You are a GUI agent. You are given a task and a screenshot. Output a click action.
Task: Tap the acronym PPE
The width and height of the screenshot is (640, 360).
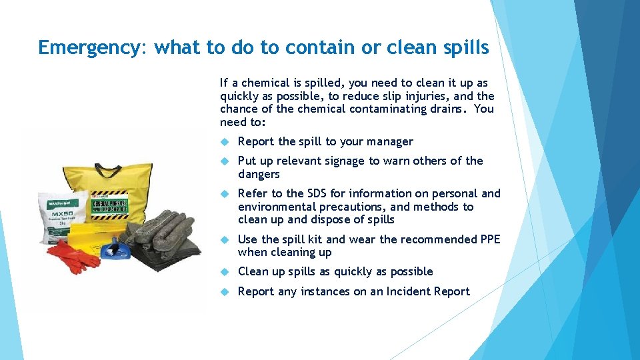[490, 239]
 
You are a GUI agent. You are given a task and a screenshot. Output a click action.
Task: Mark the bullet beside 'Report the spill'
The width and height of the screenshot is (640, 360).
[225, 141]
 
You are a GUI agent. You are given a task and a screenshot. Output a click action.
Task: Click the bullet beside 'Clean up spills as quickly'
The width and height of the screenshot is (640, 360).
[225, 272]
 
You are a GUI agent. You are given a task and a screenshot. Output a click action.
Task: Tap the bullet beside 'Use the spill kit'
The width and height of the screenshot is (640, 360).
[225, 239]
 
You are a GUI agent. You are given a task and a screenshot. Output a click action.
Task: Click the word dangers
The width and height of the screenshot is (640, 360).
[259, 174]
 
